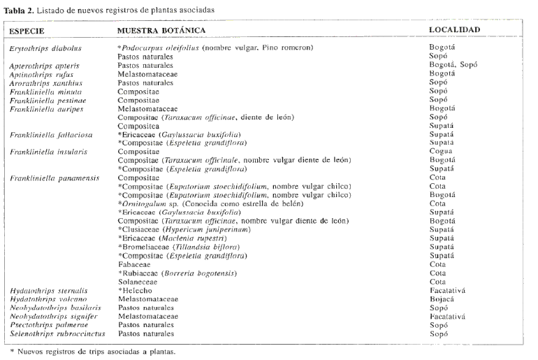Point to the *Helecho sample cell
[135, 289]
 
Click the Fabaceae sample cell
[135, 264]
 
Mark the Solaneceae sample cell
[138, 280]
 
